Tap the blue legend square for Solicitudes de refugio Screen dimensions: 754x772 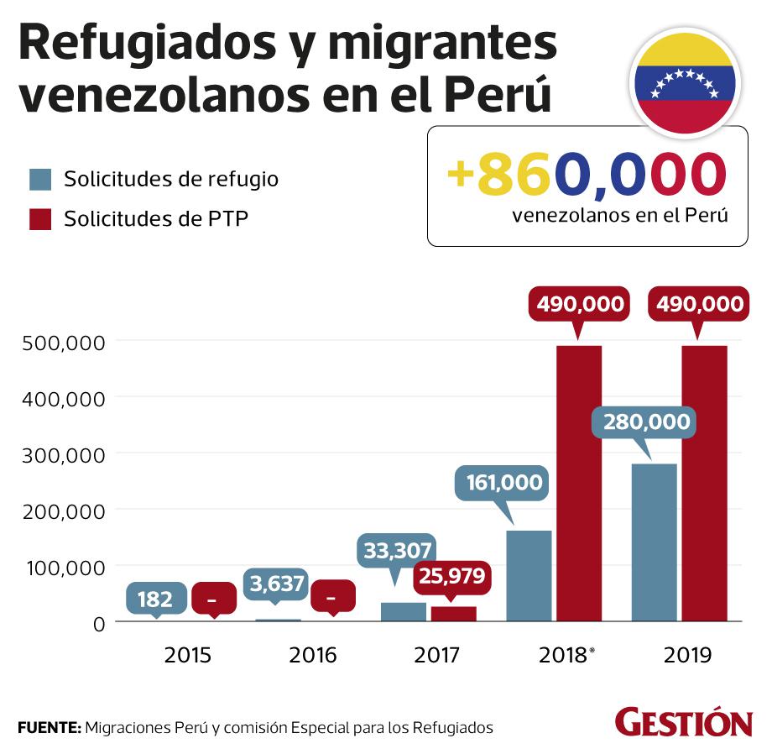click(x=41, y=180)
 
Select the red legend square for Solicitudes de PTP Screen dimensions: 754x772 click(x=41, y=220)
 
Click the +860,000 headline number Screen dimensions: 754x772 click(x=586, y=174)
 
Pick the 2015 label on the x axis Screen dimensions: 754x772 click(x=187, y=655)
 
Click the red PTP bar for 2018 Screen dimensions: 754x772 click(x=579, y=483)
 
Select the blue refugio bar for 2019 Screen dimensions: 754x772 click(x=654, y=542)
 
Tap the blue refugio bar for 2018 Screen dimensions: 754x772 click(x=529, y=576)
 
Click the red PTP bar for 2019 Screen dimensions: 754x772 click(x=704, y=483)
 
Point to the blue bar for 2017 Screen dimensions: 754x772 click(x=404, y=612)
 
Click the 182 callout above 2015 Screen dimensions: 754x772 click(x=156, y=600)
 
